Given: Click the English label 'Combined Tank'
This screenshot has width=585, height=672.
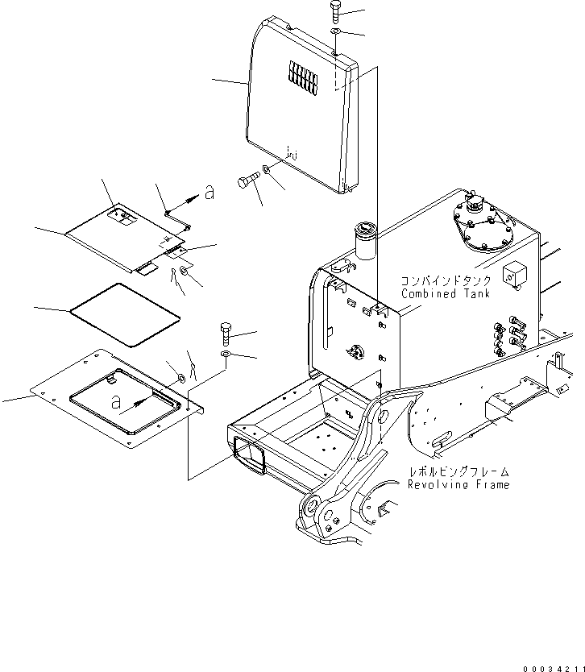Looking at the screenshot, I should pyautogui.click(x=440, y=295).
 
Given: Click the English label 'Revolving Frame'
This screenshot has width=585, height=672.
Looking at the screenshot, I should pyautogui.click(x=458, y=485).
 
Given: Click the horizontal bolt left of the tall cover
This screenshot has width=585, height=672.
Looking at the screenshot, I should pyautogui.click(x=249, y=182).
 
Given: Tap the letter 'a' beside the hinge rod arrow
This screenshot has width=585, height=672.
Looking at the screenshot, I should pyautogui.click(x=210, y=193).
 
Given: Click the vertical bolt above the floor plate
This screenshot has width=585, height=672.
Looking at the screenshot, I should pyautogui.click(x=226, y=332).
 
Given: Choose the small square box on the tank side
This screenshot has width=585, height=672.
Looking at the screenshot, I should pyautogui.click(x=513, y=274).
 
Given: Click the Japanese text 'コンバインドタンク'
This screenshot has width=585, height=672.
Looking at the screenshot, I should pyautogui.click(x=439, y=282).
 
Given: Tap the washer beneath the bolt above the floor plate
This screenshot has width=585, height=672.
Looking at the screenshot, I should pyautogui.click(x=225, y=355).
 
